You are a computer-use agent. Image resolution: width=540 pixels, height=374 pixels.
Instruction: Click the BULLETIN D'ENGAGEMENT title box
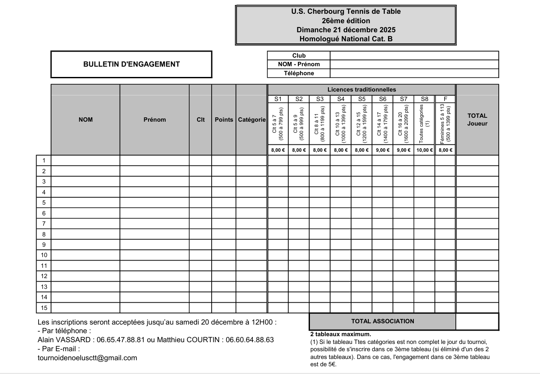[131, 64]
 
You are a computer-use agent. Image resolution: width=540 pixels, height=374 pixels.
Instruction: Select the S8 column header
[424, 99]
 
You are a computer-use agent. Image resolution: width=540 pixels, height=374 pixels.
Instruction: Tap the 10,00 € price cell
[424, 150]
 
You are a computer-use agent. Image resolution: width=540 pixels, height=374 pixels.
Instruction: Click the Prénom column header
[155, 120]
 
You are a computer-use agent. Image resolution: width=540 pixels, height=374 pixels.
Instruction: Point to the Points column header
[224, 120]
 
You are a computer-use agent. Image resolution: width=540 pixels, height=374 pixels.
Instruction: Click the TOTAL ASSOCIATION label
[382, 321]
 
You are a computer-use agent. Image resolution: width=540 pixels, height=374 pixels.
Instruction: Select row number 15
[44, 308]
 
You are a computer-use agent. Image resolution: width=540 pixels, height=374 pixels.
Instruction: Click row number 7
[44, 224]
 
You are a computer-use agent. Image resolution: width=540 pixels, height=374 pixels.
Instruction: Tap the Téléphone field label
[299, 73]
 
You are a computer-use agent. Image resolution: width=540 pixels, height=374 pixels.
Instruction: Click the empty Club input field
[414, 55]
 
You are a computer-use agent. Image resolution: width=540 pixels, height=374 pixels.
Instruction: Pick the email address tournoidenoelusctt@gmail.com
[88, 358]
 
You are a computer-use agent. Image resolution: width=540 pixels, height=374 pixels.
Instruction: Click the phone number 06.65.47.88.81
[121, 340]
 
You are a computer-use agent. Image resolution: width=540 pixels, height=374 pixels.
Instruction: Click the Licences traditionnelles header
[361, 89]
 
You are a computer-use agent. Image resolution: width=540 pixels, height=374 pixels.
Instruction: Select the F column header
[445, 99]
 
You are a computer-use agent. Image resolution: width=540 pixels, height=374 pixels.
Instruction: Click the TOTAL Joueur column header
[477, 120]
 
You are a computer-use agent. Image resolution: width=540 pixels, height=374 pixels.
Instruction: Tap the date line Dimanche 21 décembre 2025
[346, 30]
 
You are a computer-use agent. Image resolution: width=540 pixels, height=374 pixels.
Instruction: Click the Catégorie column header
[252, 120]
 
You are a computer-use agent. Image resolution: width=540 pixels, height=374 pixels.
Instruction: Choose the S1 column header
[278, 99]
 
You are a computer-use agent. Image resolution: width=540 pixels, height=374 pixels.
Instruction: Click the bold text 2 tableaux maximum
[340, 334]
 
